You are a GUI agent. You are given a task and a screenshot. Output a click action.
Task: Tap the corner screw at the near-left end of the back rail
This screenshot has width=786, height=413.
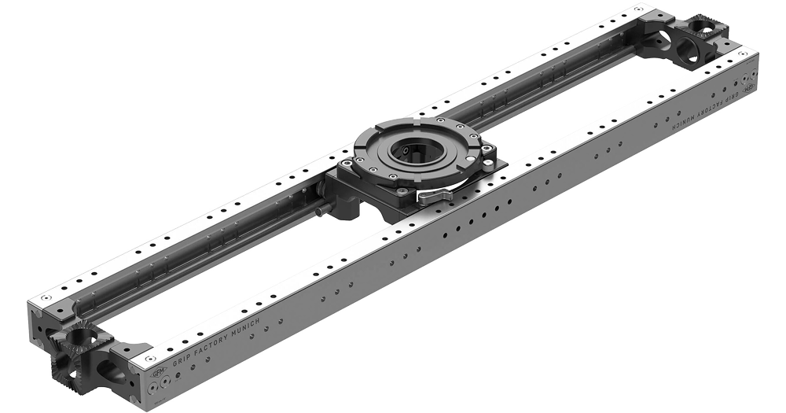click(46, 299)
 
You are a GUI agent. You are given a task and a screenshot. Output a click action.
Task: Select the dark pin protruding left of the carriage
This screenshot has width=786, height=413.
click(321, 211)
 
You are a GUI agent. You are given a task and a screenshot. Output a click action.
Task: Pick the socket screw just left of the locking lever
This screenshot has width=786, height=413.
click(402, 190)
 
